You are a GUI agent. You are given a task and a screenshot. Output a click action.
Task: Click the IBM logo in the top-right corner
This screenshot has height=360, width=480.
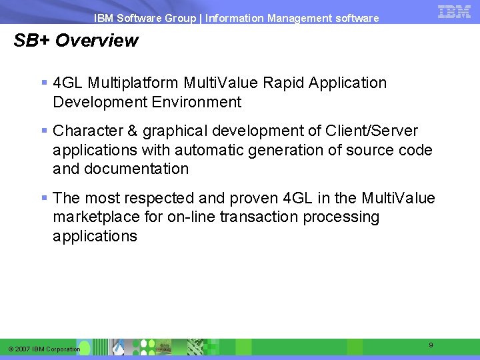click(455, 11)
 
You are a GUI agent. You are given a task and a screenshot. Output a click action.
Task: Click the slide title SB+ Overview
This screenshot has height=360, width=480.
click(76, 41)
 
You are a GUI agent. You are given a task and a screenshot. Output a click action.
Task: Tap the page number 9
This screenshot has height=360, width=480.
click(431, 345)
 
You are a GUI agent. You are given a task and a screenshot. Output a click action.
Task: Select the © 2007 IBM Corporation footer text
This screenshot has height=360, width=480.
click(45, 349)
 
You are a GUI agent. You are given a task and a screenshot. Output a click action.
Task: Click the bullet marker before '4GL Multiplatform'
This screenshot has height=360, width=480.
click(44, 83)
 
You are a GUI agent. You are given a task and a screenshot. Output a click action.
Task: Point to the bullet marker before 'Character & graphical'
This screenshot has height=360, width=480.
click(44, 131)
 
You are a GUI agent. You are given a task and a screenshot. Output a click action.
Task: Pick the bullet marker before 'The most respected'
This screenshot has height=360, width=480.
click(44, 198)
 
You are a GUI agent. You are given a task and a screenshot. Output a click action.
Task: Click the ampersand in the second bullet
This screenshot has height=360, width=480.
click(129, 131)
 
